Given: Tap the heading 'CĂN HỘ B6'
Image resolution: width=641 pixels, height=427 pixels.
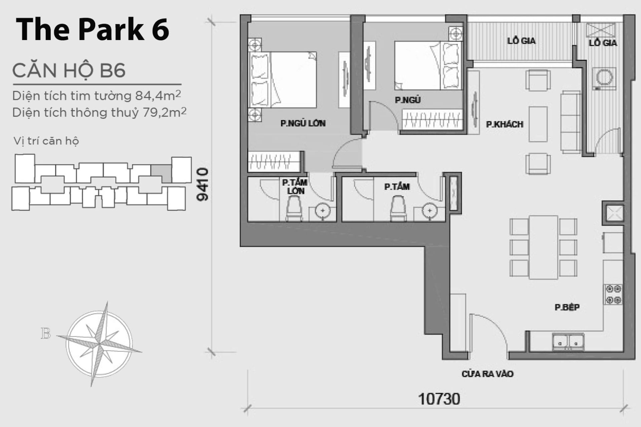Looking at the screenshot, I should [x=69, y=70].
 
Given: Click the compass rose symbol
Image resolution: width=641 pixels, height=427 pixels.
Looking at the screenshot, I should [x=99, y=344].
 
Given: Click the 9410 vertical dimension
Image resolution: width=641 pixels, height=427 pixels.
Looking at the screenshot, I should [x=203, y=184].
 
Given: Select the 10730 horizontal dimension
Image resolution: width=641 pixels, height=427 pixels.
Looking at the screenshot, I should [x=439, y=399].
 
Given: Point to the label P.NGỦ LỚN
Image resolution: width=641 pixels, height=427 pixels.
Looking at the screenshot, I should [x=303, y=123].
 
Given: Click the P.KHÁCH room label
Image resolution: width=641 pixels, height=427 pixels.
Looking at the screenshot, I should [x=504, y=124].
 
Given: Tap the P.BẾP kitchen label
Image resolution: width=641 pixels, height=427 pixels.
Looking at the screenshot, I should [x=567, y=307].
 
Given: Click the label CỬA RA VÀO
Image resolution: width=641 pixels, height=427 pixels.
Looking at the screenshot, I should [x=487, y=374].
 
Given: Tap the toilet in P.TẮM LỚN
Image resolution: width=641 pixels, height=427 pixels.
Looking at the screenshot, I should [x=294, y=208].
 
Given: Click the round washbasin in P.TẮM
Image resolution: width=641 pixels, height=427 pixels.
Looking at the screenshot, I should [x=429, y=211].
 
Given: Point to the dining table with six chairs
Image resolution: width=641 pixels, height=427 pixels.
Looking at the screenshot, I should [x=543, y=247].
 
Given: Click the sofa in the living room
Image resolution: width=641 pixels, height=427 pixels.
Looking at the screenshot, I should [x=570, y=122].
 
